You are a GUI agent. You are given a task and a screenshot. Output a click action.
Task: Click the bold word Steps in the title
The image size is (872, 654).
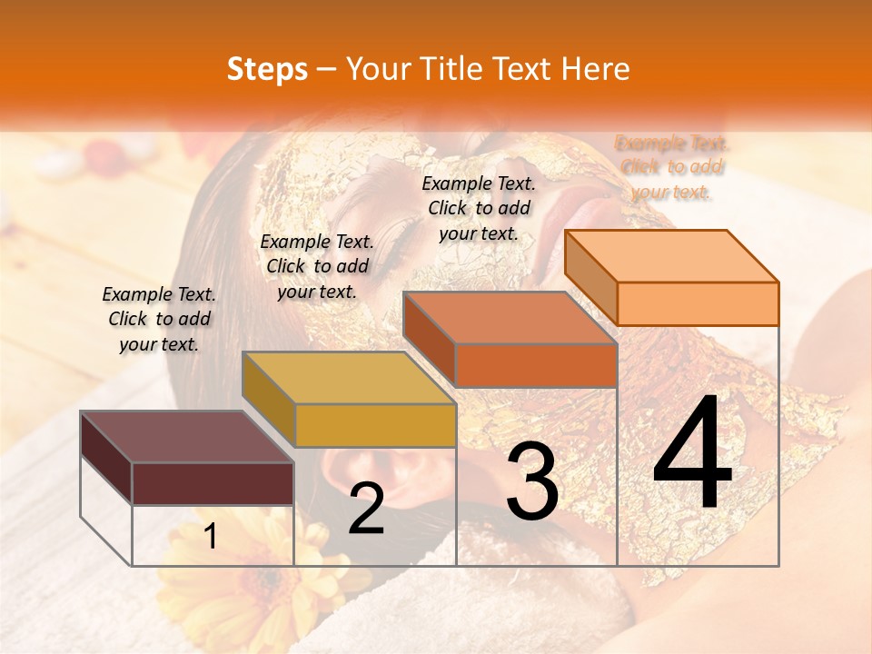pos(267,69)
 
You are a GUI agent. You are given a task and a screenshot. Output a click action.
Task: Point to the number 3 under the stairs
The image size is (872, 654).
pos(531,481)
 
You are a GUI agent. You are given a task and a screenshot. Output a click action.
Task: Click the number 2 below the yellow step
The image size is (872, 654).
pos(366,509)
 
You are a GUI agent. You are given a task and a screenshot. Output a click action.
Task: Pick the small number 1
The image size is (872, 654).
pos(211,536)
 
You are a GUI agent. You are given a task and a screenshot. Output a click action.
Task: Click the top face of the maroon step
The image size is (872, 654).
pos(186,437)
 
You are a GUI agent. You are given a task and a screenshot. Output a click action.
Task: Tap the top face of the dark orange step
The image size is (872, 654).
pos(510,318)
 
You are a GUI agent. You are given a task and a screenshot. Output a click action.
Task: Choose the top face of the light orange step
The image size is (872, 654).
pos(671,255)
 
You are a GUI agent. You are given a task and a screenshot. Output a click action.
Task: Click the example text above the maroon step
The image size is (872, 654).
pos(159,319)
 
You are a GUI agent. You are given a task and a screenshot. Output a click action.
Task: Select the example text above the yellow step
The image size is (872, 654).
pos(317,266)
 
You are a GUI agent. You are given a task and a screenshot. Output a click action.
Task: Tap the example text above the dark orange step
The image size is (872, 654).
pos(479,208)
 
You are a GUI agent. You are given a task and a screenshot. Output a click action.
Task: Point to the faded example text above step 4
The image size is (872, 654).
pos(671,167)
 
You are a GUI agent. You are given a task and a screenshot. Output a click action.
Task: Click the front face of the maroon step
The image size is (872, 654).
pos(213,483)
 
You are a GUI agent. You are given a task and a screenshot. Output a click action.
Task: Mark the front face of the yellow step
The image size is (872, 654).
pos(375,425)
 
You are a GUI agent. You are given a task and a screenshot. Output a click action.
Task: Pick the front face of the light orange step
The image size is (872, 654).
pos(698,303)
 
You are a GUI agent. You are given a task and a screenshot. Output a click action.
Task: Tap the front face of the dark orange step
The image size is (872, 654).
pos(536,365)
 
